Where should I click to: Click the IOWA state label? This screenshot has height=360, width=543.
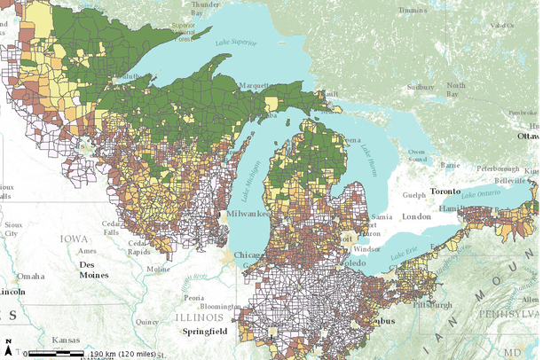tap(75, 239)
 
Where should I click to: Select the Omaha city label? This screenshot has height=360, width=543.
tap(29, 276)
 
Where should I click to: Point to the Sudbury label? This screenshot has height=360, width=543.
tap(420, 88)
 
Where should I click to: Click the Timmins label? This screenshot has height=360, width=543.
tap(413, 11)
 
